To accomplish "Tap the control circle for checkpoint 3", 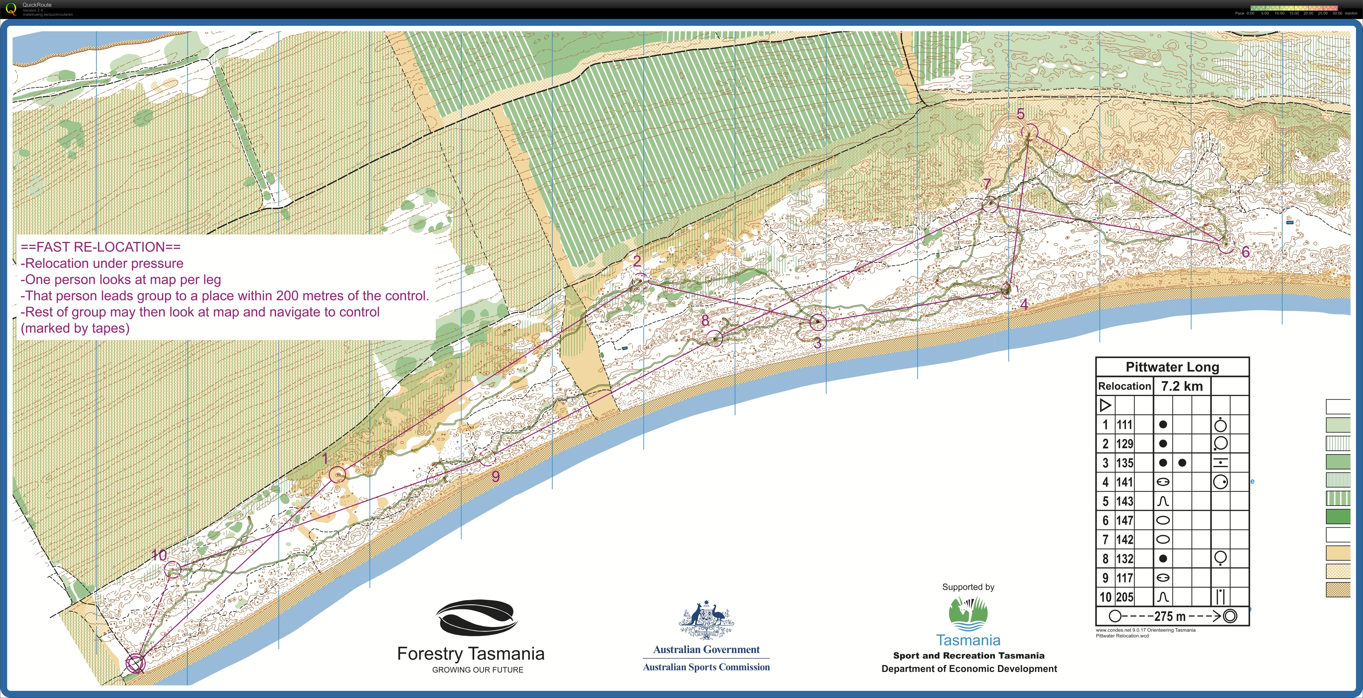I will (818, 322).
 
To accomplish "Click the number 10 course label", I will (159, 555).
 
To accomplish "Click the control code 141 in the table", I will (1125, 482).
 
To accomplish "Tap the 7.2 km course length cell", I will (1182, 386).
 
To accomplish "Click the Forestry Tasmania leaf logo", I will (476, 617).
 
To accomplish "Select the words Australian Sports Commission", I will (706, 667).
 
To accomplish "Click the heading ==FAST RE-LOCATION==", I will (101, 247).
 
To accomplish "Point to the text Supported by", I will (968, 587).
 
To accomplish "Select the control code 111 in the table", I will (1125, 424).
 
